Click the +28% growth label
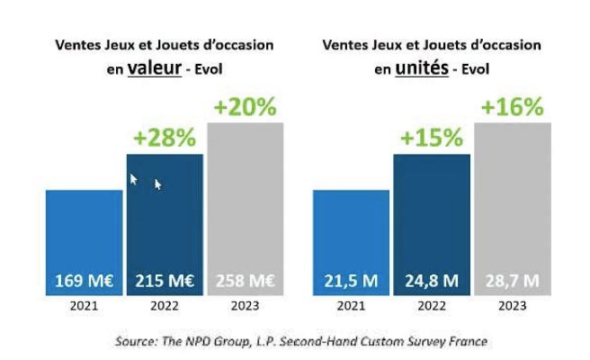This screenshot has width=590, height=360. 165,139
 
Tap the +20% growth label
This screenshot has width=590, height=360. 246,107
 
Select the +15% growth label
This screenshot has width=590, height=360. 432,139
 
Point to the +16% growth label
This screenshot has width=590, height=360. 513,107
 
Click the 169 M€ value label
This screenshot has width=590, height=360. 84,280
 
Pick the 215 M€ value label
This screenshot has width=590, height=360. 165,280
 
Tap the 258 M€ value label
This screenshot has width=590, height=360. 246,280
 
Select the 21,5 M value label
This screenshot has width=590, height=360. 351,280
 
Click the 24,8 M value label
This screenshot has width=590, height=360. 432,280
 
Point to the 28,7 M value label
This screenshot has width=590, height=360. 513,280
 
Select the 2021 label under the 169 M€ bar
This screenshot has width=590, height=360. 84,307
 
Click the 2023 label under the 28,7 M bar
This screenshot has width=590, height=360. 513,307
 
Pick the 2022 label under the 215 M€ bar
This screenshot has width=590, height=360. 165,307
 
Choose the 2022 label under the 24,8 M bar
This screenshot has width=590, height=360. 432,307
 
